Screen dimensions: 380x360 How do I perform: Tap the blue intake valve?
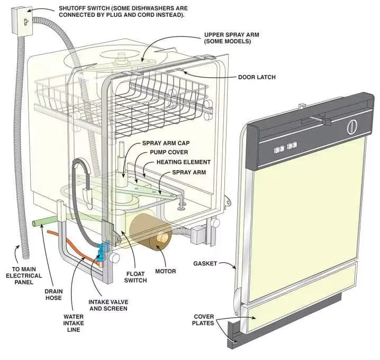pyautogui.click(x=103, y=252)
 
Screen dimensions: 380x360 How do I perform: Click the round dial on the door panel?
pyautogui.click(x=352, y=127)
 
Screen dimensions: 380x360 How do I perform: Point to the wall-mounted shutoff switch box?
pyautogui.click(x=22, y=22)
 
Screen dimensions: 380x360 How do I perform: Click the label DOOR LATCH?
pyautogui.click(x=257, y=77)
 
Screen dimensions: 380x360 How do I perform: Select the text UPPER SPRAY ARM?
pyautogui.click(x=231, y=35)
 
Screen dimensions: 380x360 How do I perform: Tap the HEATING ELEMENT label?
pyautogui.click(x=184, y=162)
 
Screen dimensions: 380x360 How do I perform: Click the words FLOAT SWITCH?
pyautogui.click(x=135, y=277)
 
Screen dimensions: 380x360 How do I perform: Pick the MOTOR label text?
pyautogui.click(x=166, y=271)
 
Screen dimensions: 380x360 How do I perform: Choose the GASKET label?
pyautogui.click(x=205, y=263)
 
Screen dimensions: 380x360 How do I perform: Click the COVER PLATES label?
pyautogui.click(x=203, y=320)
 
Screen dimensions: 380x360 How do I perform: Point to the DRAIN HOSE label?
pyautogui.click(x=53, y=294)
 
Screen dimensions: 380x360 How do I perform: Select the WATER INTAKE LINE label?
pyautogui.click(x=74, y=323)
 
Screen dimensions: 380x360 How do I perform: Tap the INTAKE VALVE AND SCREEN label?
pyautogui.click(x=108, y=305)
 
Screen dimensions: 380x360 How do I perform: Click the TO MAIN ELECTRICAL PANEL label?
pyautogui.click(x=24, y=275)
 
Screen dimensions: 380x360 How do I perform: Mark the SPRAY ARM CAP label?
pyautogui.click(x=166, y=143)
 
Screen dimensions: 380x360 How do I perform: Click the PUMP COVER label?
pyautogui.click(x=169, y=152)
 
